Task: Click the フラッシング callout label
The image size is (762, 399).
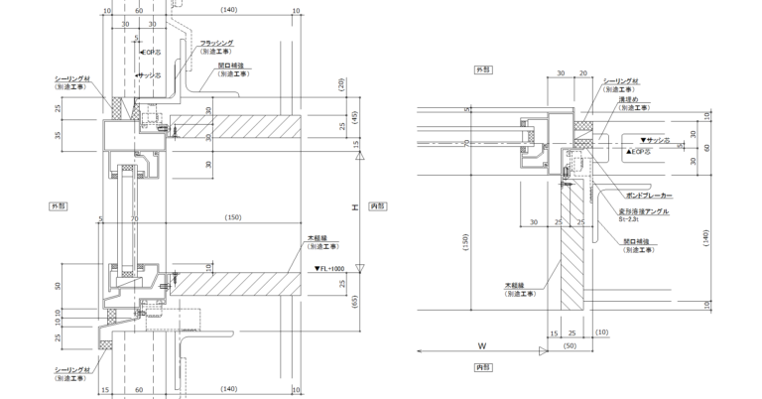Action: (x=216, y=43)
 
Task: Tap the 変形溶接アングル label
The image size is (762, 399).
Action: (x=646, y=212)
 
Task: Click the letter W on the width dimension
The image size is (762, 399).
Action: (x=481, y=346)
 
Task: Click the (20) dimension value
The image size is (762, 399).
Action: (x=340, y=82)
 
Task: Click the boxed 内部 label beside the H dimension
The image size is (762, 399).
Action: (x=376, y=205)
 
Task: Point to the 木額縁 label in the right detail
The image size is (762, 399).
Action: (x=517, y=288)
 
